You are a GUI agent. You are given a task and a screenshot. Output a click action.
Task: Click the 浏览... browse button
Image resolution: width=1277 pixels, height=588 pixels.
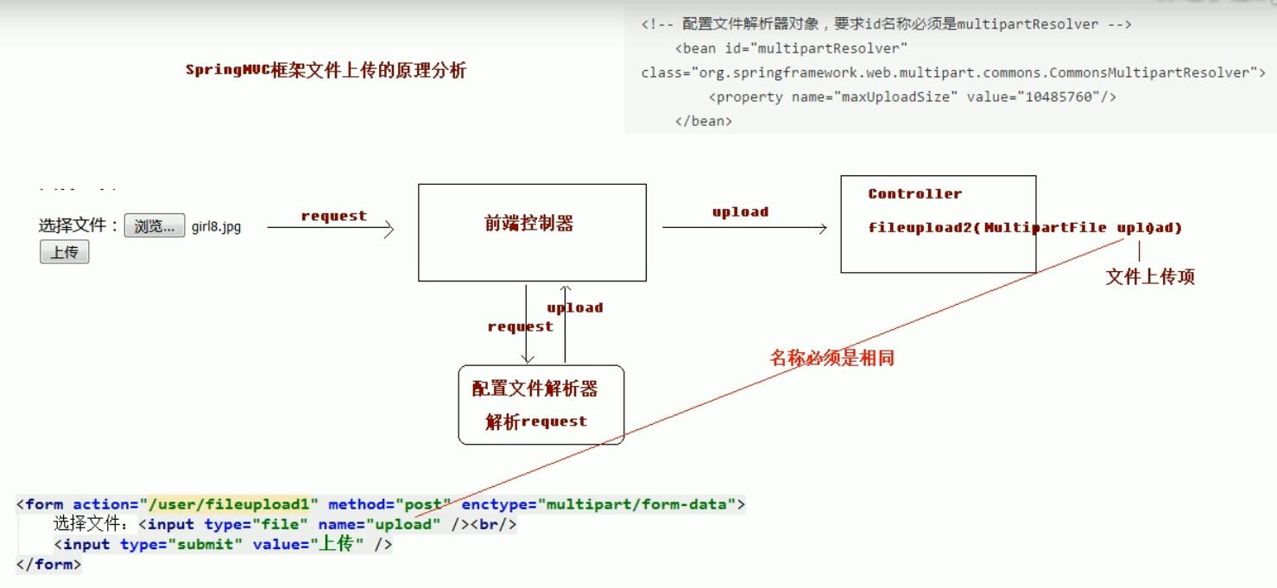pos(155,226)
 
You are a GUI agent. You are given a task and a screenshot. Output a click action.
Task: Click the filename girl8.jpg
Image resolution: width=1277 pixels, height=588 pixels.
pos(217,227)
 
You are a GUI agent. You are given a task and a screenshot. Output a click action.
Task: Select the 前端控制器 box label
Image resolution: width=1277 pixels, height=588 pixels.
pos(529,224)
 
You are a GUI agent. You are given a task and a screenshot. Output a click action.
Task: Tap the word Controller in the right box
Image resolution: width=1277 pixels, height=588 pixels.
pos(914,193)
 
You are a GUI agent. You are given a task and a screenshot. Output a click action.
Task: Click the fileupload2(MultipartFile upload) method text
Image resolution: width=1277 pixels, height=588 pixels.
pos(1025,228)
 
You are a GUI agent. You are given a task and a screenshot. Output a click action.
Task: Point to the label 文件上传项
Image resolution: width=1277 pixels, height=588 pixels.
pos(1150,276)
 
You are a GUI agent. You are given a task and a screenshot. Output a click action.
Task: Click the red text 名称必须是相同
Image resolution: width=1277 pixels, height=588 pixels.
pos(831,357)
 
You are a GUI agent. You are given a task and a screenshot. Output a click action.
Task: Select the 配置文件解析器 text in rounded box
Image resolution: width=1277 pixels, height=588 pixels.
pos(534,389)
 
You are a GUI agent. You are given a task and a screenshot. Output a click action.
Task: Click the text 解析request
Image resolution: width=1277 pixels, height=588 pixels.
pos(536,421)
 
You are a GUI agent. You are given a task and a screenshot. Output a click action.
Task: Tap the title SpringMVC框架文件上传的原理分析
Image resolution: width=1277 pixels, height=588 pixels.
pos(326,70)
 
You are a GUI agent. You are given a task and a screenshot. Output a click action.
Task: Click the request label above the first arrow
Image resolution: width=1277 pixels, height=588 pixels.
pos(333,216)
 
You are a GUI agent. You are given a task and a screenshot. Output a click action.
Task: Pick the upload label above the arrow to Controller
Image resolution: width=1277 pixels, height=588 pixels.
pos(740,212)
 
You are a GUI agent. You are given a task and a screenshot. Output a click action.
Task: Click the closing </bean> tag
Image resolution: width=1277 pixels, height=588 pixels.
pos(704,121)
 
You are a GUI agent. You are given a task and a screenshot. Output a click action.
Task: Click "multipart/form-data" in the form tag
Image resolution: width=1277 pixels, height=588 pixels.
pos(637,504)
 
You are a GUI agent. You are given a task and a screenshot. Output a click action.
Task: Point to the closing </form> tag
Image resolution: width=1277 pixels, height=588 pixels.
pos(48,565)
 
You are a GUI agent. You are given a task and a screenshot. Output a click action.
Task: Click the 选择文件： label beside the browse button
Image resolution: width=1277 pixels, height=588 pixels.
pos(79,225)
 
